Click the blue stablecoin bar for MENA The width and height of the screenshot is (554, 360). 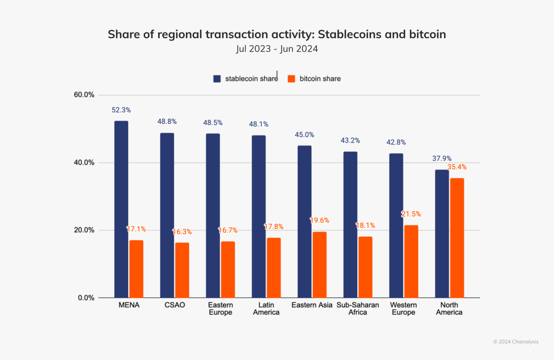coord(121,209)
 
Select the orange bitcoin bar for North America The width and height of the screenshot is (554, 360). coord(457,238)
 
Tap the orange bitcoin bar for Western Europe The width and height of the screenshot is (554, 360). coord(411,261)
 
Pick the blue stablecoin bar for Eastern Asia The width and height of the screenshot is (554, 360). coord(304,222)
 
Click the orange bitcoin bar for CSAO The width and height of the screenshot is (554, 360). coord(182,270)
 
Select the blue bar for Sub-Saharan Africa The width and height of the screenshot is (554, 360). coord(350,224)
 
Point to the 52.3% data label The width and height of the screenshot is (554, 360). coord(121,110)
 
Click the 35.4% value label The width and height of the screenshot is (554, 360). coord(457,167)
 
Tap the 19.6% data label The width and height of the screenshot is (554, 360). coord(319,220)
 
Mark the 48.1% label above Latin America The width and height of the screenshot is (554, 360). coord(259,124)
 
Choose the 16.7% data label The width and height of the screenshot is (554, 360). coord(228,230)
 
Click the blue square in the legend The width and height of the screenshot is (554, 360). coord(217,79)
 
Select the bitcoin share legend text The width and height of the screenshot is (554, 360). coord(320,79)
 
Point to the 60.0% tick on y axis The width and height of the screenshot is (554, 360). coord(84,95)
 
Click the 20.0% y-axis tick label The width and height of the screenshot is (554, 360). coord(84,230)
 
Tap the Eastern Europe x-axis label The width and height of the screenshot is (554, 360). coord(220,309)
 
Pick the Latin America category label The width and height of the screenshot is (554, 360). coord(266,309)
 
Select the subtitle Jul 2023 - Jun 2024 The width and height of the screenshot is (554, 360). coord(277,49)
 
